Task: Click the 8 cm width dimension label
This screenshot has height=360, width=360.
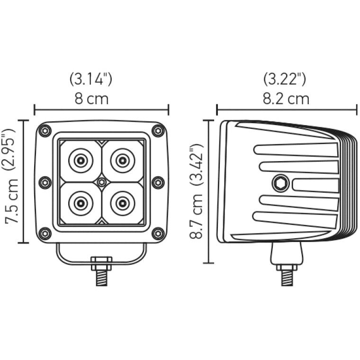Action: [91, 99]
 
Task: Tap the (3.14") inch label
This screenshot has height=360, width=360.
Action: [91, 79]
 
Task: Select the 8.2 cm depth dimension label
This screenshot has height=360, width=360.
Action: [286, 99]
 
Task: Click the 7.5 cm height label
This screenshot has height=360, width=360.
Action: [12, 202]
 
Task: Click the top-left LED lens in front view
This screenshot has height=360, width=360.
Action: [80, 161]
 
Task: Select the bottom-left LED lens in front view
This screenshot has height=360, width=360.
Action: [80, 203]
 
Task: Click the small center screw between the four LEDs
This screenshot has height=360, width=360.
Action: [101, 182]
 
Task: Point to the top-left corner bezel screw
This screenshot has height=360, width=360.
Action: [45, 131]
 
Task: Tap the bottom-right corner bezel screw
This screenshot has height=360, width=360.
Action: [158, 233]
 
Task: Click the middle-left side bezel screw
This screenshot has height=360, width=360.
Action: [45, 182]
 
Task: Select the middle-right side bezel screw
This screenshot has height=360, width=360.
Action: [158, 182]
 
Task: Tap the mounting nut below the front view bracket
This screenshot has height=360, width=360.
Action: [101, 261]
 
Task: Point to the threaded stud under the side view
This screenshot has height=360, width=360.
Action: [287, 276]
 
